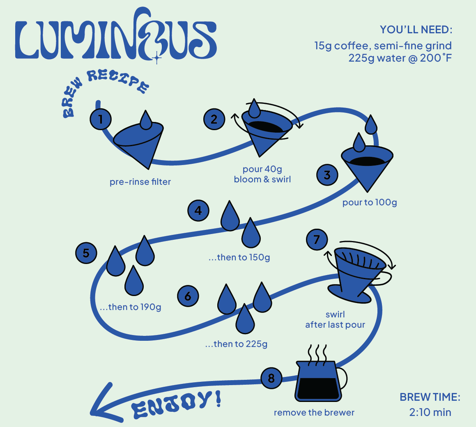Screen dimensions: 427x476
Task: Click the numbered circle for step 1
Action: [100, 119]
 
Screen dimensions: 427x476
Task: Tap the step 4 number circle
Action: [198, 211]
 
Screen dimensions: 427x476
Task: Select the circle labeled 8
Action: [271, 378]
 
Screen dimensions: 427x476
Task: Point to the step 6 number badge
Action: [188, 296]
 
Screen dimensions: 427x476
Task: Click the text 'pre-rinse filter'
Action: [140, 182]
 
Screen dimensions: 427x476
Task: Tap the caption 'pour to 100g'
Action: [370, 202]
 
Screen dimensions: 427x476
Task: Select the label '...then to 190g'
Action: [130, 307]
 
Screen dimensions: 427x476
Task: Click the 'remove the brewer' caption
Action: [314, 413]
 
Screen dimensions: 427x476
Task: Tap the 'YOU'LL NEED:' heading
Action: [416, 30]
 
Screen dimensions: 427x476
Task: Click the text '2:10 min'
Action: [430, 412]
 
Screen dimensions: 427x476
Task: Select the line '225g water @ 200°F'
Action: [400, 58]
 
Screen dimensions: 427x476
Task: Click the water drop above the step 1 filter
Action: [146, 119]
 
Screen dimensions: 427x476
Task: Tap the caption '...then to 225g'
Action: [236, 344]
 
